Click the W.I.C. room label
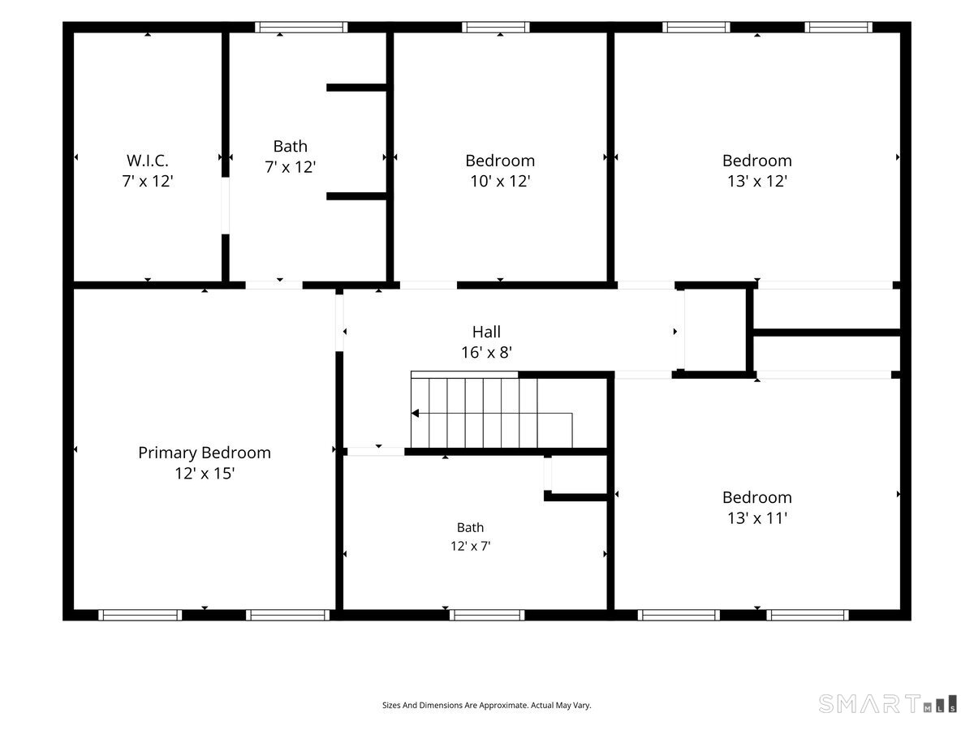[148, 161]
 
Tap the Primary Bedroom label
[204, 453]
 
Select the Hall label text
[486, 332]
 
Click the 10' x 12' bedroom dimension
[500, 181]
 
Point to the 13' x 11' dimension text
[757, 517]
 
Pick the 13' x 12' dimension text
[757, 181]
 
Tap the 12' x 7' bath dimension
[470, 546]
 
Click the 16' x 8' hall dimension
[486, 352]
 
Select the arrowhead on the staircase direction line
[415, 413]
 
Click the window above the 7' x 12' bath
[301, 28]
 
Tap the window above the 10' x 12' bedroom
[496, 28]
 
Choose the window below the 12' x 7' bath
[487, 615]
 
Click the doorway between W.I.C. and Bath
[226, 206]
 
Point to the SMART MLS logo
[887, 703]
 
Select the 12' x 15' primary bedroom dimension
[204, 474]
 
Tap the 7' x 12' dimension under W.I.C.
[148, 181]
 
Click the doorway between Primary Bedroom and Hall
[339, 323]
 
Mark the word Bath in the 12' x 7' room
[470, 527]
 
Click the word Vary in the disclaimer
[582, 705]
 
